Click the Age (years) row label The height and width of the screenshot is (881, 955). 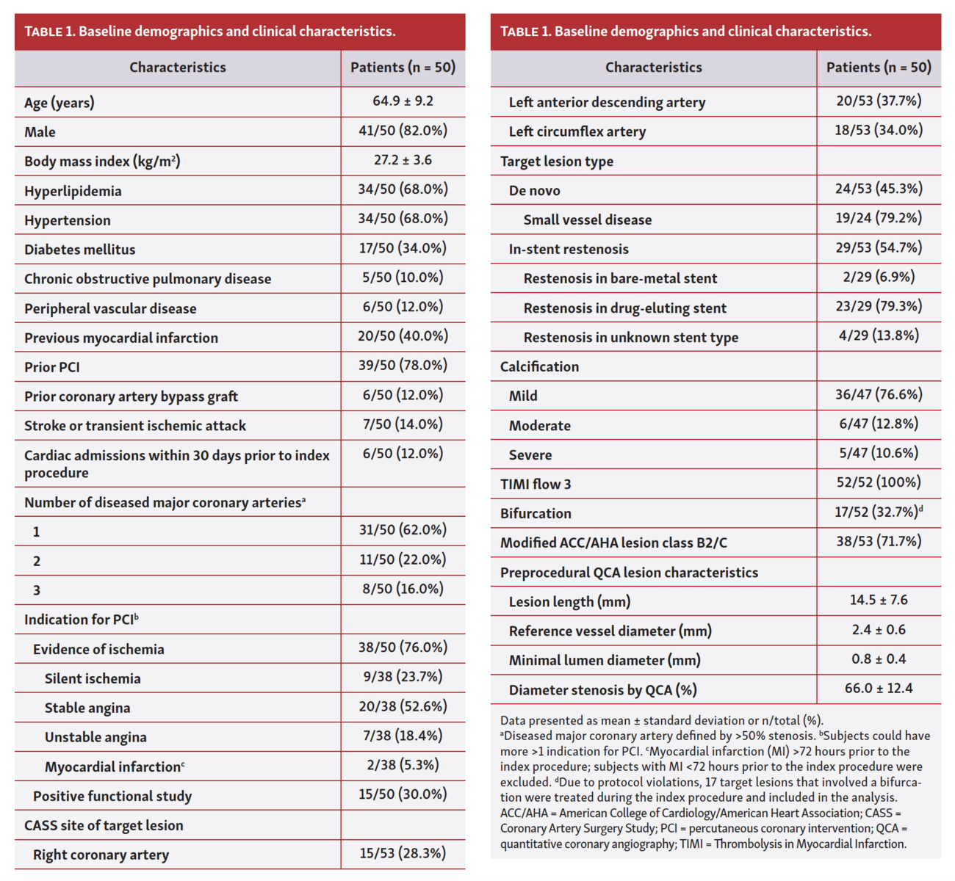[x=60, y=103]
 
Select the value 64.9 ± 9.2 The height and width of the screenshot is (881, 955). [x=403, y=101]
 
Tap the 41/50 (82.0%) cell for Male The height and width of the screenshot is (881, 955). [x=403, y=131]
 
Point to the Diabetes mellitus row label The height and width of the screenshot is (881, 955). [x=80, y=250]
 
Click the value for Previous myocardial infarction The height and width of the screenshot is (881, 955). [x=403, y=336]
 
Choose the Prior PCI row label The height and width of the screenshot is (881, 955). [x=52, y=367]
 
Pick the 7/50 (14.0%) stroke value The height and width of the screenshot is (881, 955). [x=403, y=424]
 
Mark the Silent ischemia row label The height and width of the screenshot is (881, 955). [x=93, y=678]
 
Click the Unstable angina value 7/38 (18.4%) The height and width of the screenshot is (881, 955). [x=403, y=736]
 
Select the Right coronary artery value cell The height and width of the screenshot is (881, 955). [x=403, y=853]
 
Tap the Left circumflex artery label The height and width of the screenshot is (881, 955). [x=577, y=132]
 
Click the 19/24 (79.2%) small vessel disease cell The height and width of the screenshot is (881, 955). [x=879, y=218]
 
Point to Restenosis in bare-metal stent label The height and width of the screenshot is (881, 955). [x=620, y=279]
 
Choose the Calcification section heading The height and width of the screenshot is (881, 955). [x=539, y=367]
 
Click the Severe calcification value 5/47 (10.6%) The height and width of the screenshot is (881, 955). [x=879, y=453]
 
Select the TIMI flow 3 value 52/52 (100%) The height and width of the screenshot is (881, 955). [x=879, y=482]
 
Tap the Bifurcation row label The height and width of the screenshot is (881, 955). [x=536, y=514]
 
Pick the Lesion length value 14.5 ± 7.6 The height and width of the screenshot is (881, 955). [x=879, y=600]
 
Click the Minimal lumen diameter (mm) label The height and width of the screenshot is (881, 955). [x=605, y=661]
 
